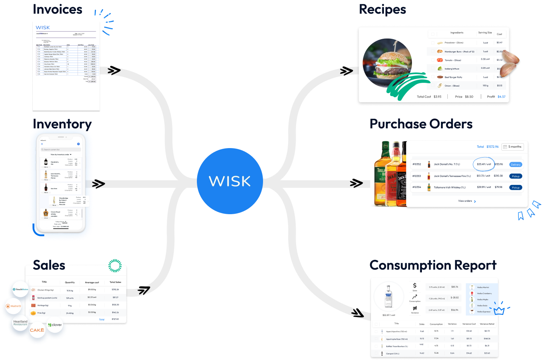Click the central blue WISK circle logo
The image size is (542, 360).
(230, 181)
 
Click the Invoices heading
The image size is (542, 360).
(57, 9)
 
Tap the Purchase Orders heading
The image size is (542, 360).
(421, 124)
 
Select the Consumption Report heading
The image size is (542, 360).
(433, 265)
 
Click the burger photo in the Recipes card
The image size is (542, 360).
(388, 63)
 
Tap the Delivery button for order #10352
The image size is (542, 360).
(515, 164)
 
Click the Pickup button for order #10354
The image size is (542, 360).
(515, 187)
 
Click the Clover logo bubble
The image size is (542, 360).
(55, 325)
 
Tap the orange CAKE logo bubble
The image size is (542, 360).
(37, 330)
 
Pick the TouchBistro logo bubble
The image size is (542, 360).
(20, 289)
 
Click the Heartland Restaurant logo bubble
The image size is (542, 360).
(21, 323)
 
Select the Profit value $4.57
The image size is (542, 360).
(501, 96)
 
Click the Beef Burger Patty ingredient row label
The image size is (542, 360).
(453, 77)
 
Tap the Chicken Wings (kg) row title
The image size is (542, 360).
(46, 290)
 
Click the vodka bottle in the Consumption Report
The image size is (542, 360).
(388, 297)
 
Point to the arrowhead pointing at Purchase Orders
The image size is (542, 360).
(357, 184)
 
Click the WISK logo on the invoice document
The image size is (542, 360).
(43, 27)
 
